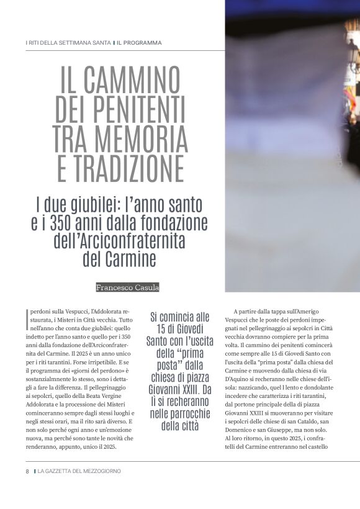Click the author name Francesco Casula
tap(127, 287)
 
